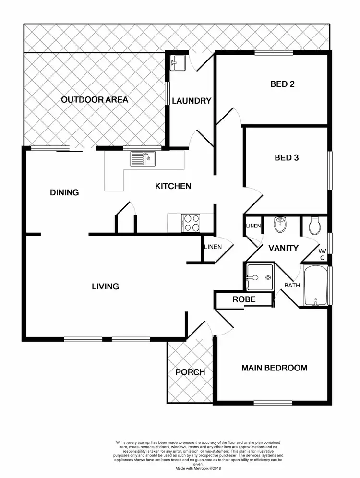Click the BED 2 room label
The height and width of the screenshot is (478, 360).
tap(282, 84)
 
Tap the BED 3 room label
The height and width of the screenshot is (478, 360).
tap(287, 157)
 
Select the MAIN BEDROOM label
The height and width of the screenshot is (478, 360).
tap(274, 368)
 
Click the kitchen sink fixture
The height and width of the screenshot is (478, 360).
tap(142, 158)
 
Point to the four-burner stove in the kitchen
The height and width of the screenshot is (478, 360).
tap(191, 223)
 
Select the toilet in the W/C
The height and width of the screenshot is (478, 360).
tap(315, 226)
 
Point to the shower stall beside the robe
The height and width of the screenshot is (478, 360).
tap(259, 277)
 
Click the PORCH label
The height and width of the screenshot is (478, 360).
tap(190, 372)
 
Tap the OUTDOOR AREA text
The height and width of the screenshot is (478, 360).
tap(95, 100)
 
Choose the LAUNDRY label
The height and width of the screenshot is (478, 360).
tap(192, 101)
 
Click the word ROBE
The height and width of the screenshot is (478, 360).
tap(244, 299)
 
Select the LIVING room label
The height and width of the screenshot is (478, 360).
tap(106, 287)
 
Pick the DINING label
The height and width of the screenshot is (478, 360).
tap(64, 193)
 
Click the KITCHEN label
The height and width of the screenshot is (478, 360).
tap(173, 186)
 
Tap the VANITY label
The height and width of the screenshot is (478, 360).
tap(283, 249)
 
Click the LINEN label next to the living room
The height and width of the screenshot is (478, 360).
tap(213, 247)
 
